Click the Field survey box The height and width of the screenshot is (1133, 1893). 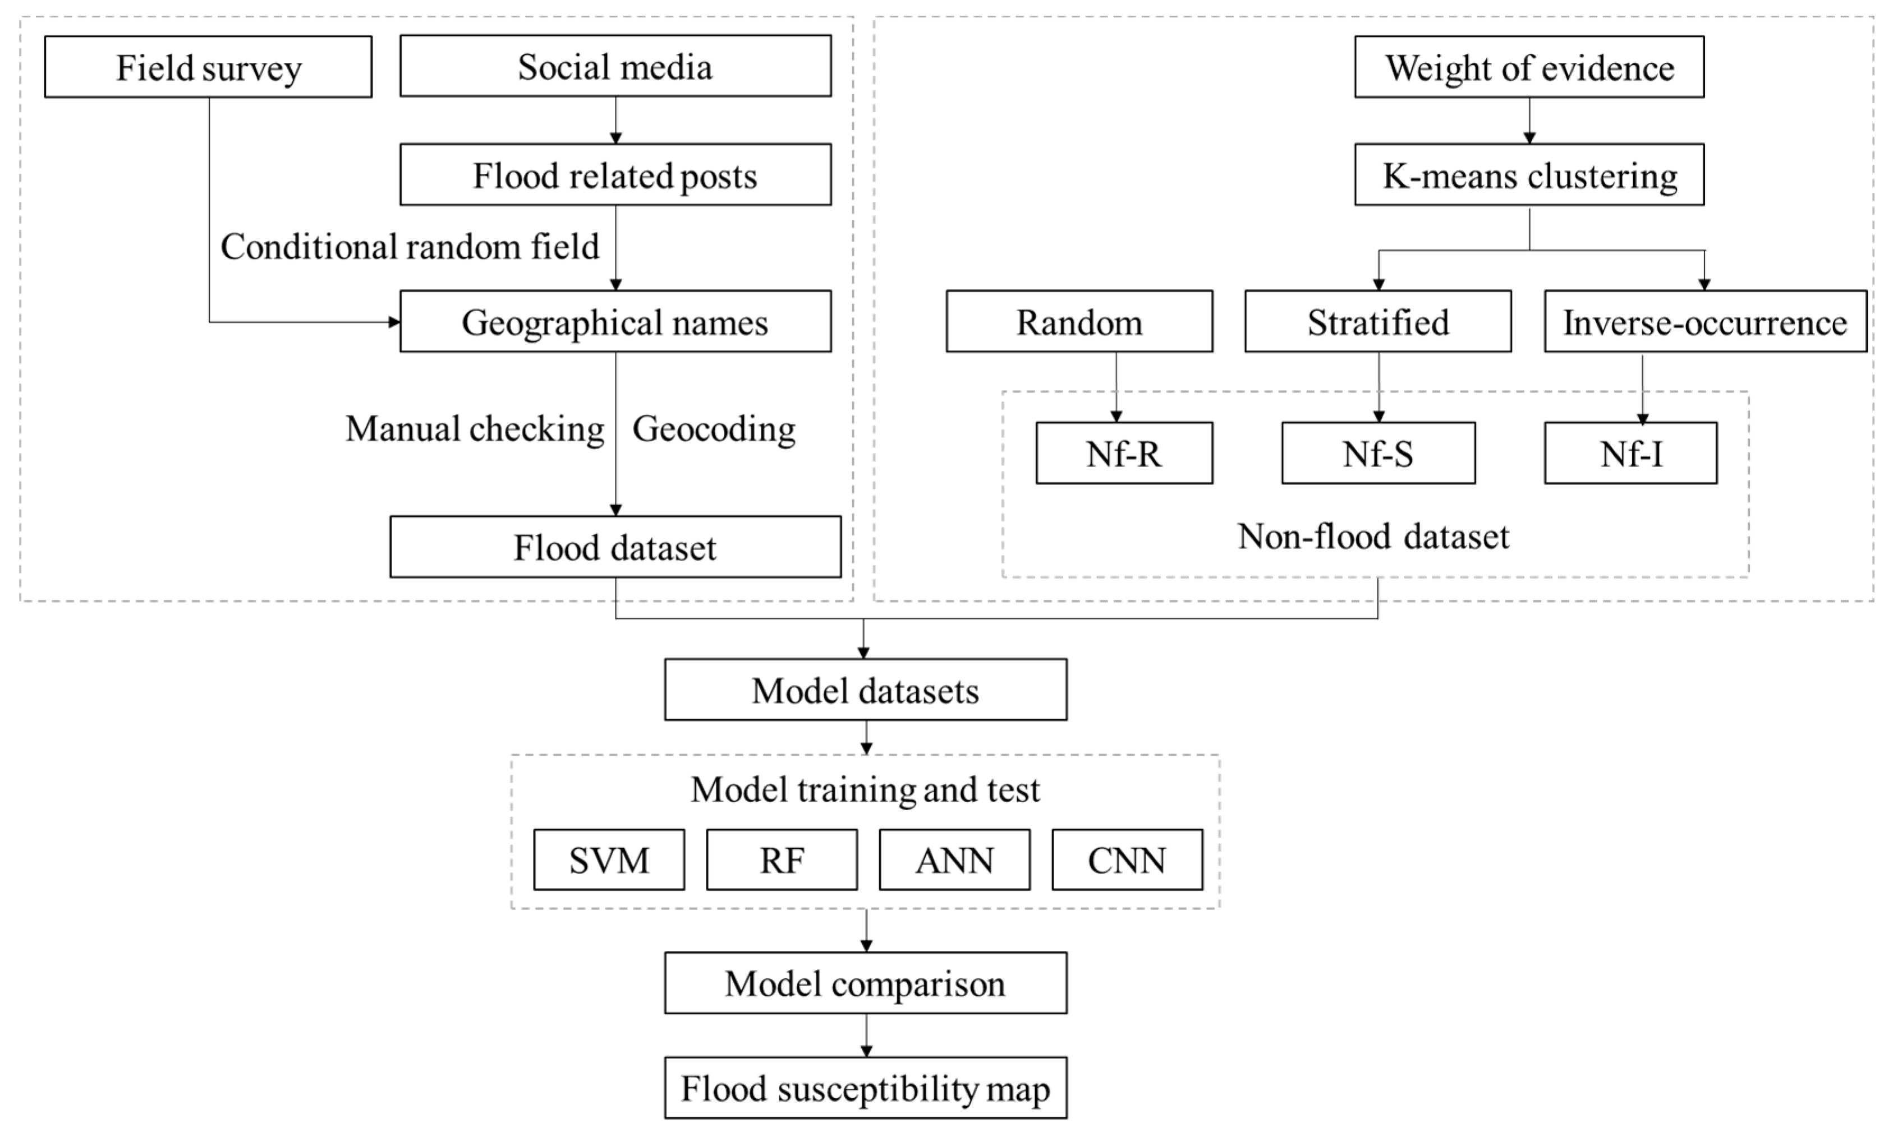(x=208, y=67)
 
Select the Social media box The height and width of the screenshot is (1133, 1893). (x=615, y=66)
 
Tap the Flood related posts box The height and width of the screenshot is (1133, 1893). (x=615, y=175)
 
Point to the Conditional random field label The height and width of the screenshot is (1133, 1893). (x=410, y=247)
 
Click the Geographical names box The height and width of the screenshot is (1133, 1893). (x=615, y=321)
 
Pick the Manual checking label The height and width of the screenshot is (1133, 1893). (x=475, y=428)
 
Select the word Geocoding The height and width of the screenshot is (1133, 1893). (x=714, y=428)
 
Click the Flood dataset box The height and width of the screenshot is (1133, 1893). (x=615, y=547)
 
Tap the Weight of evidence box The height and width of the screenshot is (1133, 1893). (x=1529, y=67)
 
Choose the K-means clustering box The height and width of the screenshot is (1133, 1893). (x=1529, y=175)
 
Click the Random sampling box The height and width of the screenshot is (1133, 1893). (x=1079, y=321)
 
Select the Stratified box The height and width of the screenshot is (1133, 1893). (x=1377, y=321)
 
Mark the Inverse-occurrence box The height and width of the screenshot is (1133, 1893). (x=1704, y=321)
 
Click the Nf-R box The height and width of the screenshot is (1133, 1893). (x=1124, y=454)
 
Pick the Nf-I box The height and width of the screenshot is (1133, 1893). (x=1630, y=454)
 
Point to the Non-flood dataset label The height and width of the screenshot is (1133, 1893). (x=1373, y=537)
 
